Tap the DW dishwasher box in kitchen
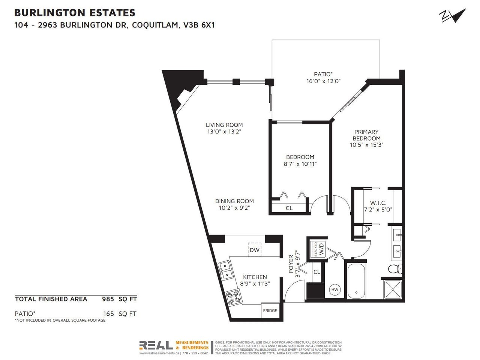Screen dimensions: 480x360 (254, 250)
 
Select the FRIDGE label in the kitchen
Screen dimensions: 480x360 (270, 310)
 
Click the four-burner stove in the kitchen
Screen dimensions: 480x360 (233, 297)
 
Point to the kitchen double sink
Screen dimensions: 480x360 (225, 270)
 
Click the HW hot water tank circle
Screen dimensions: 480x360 (334, 289)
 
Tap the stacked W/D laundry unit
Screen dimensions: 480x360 (319, 249)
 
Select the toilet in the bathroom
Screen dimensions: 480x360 (395, 268)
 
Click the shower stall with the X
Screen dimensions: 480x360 (393, 289)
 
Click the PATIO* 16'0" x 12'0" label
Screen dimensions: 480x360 (323, 78)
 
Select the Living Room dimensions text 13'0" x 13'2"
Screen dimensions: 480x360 (224, 132)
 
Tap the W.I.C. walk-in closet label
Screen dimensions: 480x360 (378, 203)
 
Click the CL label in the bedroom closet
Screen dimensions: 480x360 (289, 208)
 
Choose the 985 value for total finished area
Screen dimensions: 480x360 (108, 299)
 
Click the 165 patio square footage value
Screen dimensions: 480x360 (108, 313)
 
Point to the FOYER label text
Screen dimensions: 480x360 (291, 264)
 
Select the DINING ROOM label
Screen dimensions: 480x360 (234, 201)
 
